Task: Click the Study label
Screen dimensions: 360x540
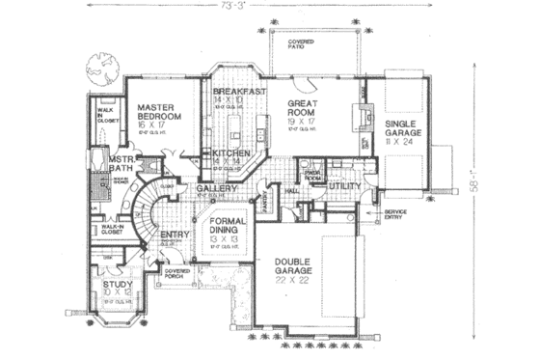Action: tap(120, 288)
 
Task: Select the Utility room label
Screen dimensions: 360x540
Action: tap(344, 185)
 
